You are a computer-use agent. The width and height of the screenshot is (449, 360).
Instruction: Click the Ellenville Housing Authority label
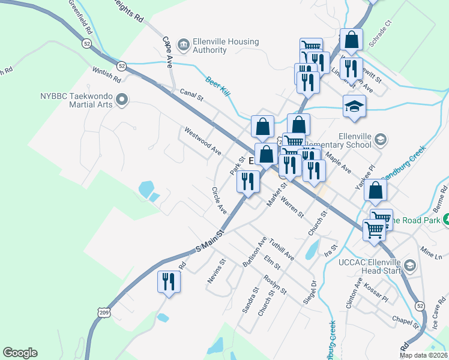(226, 46)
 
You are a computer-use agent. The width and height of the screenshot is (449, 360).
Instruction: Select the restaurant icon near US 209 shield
(168, 281)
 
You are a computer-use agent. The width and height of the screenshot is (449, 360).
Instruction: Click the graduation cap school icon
(354, 106)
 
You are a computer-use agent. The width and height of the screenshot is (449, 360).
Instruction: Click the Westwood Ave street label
(203, 142)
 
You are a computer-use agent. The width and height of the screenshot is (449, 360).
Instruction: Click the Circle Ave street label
(218, 200)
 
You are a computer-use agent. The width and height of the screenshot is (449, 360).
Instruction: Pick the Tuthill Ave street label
(281, 247)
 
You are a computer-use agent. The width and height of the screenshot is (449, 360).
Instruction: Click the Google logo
(20, 353)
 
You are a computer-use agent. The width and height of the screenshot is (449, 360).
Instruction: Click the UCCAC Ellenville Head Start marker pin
(410, 265)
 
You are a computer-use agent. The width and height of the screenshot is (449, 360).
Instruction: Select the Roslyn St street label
(274, 285)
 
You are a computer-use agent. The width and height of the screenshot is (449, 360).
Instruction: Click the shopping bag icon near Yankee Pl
(375, 190)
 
